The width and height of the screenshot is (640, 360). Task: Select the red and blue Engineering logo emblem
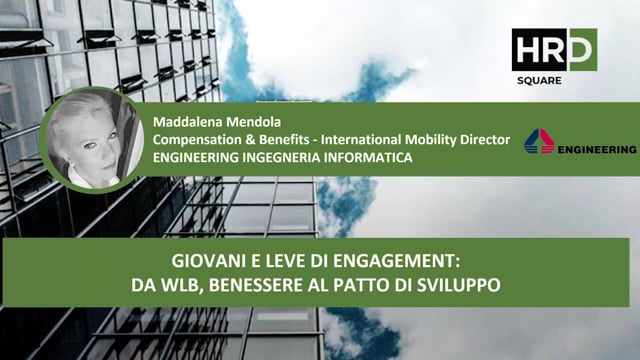[x=539, y=142]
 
